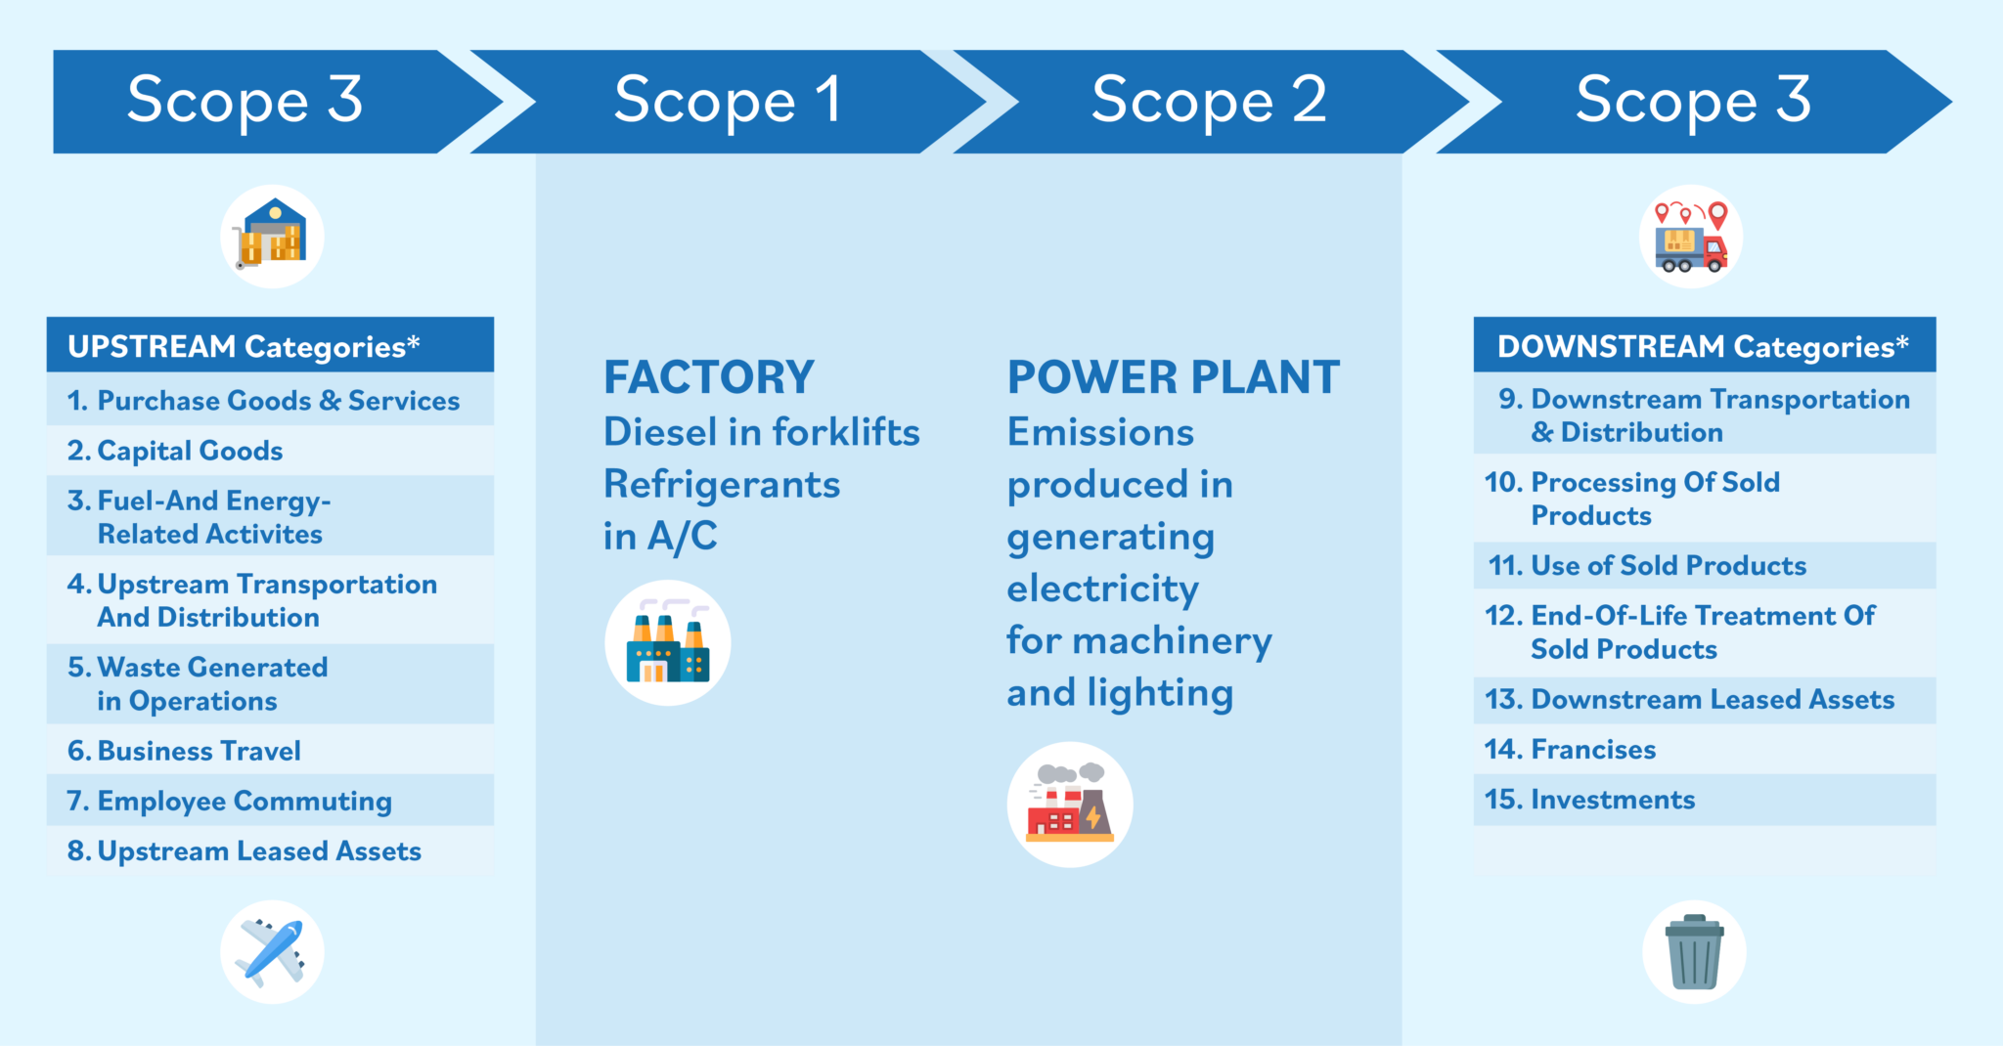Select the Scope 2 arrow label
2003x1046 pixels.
(1209, 101)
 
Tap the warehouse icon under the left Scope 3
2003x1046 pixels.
(272, 237)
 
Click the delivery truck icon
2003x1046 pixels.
(1691, 237)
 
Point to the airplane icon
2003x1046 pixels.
(272, 951)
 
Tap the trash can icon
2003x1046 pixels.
(1694, 952)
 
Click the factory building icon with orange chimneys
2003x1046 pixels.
(668, 643)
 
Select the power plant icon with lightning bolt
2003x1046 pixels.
(1070, 805)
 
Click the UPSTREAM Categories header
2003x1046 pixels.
(245, 346)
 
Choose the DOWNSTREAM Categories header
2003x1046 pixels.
(1703, 346)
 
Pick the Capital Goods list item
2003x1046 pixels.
(175, 451)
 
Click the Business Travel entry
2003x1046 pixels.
(184, 751)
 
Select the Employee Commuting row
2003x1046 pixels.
(229, 801)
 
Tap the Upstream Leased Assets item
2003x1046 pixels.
(244, 850)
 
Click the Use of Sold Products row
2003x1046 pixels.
(1647, 565)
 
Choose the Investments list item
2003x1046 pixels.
(1589, 799)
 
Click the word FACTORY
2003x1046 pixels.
(709, 377)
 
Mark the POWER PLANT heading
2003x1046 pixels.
(1174, 377)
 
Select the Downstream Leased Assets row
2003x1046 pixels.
(1689, 699)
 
